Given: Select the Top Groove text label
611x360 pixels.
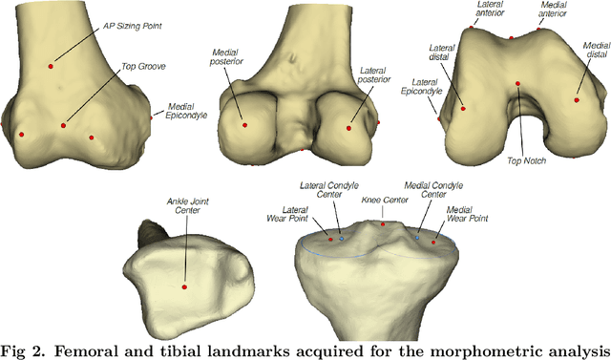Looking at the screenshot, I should (x=141, y=67).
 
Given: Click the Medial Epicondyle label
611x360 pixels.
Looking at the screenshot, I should (x=187, y=112).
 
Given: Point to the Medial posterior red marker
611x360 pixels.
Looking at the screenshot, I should (x=244, y=124).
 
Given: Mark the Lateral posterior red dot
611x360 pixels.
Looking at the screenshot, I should (x=348, y=126).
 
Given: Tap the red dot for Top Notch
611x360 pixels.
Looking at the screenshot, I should (x=518, y=83).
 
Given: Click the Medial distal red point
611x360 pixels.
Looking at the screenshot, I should (x=578, y=97).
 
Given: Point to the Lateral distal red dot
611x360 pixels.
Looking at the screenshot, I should (x=463, y=108).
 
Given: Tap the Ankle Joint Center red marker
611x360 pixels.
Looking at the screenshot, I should (x=184, y=286).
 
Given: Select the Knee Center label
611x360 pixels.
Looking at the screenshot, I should (x=385, y=201).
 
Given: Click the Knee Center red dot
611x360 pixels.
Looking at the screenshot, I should (x=384, y=225).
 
